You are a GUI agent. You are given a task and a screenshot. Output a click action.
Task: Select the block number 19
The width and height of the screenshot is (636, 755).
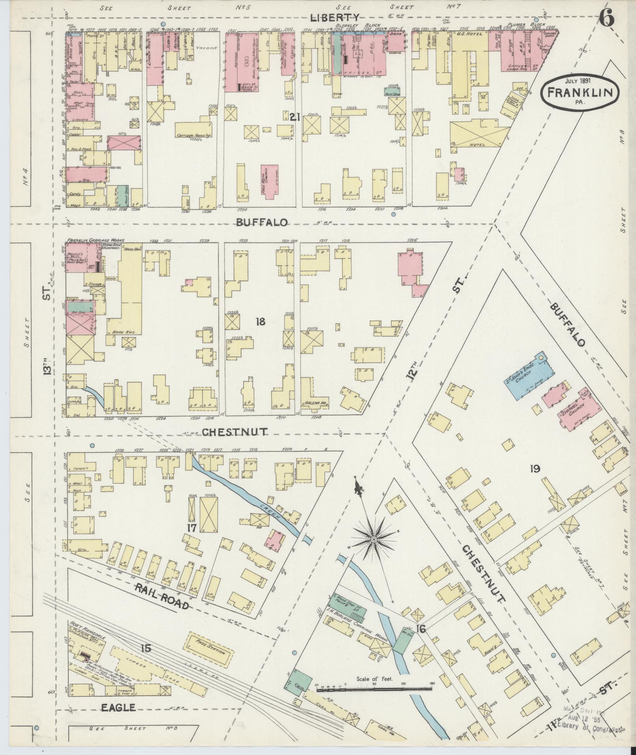535,469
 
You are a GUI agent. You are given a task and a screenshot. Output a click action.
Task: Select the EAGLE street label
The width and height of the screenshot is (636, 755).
119,708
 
